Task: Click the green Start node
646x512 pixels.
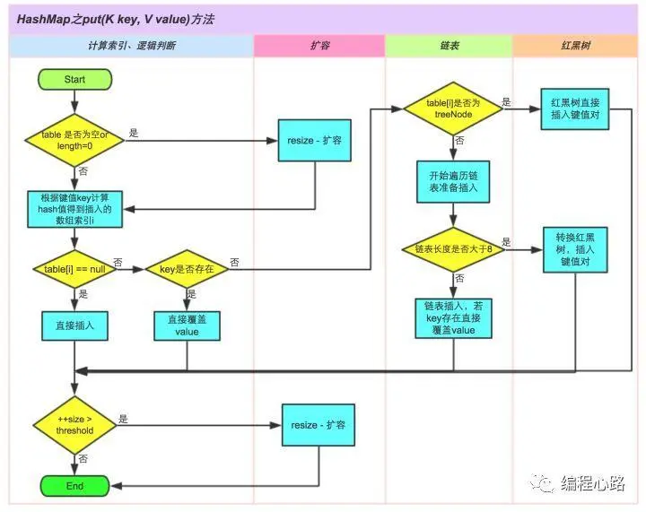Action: pos(74,80)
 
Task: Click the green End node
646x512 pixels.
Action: pos(74,486)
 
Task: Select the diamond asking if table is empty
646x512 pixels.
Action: pos(74,141)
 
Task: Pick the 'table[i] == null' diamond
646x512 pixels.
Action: pos(74,269)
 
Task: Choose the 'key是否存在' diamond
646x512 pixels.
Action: pos(187,269)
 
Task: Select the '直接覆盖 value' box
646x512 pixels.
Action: pos(187,325)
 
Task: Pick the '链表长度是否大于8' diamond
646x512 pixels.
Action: pos(453,247)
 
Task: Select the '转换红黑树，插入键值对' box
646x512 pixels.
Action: pos(574,247)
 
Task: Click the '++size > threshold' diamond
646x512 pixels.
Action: pos(74,424)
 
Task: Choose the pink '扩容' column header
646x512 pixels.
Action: pos(319,44)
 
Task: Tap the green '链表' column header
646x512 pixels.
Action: pos(449,44)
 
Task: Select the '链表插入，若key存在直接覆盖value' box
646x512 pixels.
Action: pos(453,318)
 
